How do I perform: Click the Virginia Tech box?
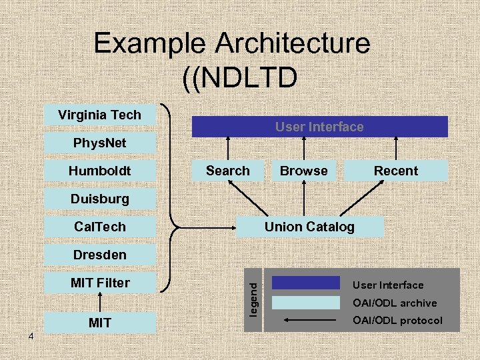pyautogui.click(x=99, y=115)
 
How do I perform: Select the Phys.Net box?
pyautogui.click(x=99, y=143)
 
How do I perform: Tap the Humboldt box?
pyautogui.click(x=99, y=171)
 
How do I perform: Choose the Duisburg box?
pyautogui.click(x=99, y=199)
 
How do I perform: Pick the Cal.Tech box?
pyautogui.click(x=99, y=227)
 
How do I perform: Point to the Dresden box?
pyautogui.click(x=99, y=255)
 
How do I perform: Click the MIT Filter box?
pyautogui.click(x=99, y=283)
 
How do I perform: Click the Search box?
pyautogui.click(x=227, y=171)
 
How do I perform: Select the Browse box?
pyautogui.click(x=303, y=171)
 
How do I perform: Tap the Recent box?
pyautogui.click(x=396, y=171)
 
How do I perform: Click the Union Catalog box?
pyautogui.click(x=309, y=227)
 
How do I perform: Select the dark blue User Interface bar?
pyautogui.click(x=319, y=127)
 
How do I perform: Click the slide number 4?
pyautogui.click(x=31, y=337)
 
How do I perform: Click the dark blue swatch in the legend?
pyautogui.click(x=305, y=283)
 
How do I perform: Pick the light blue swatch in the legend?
pyautogui.click(x=305, y=302)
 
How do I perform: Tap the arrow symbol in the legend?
pyautogui.click(x=311, y=321)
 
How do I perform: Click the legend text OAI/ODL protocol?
pyautogui.click(x=397, y=321)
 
